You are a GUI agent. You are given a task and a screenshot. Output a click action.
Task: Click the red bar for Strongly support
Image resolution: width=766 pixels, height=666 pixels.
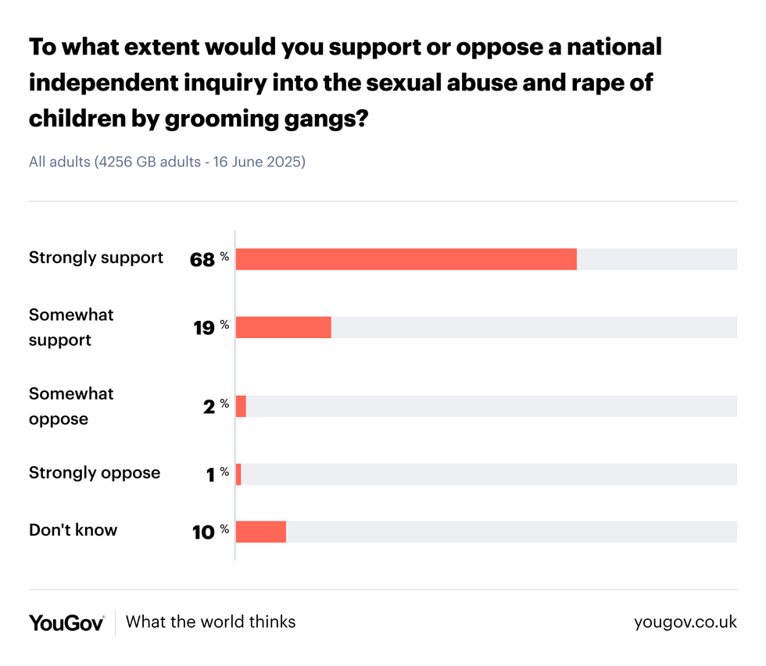click(x=406, y=259)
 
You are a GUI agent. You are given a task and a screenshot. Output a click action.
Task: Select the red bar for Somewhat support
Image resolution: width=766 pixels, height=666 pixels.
click(x=283, y=327)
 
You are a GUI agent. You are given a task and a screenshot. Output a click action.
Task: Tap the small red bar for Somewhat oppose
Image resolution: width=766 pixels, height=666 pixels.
click(x=241, y=406)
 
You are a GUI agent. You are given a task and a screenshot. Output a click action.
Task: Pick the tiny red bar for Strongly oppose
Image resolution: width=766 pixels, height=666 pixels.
click(x=238, y=474)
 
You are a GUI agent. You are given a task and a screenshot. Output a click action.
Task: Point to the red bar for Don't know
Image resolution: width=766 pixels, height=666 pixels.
click(x=260, y=532)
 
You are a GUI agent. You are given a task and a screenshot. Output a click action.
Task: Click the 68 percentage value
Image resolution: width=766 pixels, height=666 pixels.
click(x=202, y=260)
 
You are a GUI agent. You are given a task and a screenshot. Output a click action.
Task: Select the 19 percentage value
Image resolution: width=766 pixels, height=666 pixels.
click(x=204, y=328)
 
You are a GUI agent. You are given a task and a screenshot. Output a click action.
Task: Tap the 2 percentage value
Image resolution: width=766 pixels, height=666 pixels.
click(x=209, y=407)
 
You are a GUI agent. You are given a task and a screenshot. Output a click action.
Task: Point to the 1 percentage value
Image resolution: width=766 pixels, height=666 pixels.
click(x=210, y=475)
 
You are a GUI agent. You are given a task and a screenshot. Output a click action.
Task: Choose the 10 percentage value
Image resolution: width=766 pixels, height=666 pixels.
click(x=203, y=532)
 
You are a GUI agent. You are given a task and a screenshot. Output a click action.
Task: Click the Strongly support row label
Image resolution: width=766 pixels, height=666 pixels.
click(x=96, y=258)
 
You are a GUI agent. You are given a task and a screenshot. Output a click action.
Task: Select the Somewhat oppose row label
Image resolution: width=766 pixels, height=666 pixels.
click(x=71, y=406)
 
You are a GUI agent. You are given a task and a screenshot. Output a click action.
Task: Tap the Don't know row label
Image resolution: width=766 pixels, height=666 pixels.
click(x=73, y=530)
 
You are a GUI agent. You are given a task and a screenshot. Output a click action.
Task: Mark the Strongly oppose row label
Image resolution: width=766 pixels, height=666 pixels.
click(x=95, y=473)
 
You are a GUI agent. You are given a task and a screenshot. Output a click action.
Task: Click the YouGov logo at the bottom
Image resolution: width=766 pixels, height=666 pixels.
click(x=66, y=622)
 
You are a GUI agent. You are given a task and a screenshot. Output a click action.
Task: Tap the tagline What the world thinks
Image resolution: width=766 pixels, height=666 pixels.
click(x=211, y=622)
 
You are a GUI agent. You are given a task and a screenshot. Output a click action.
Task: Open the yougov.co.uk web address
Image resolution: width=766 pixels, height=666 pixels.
click(x=685, y=622)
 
